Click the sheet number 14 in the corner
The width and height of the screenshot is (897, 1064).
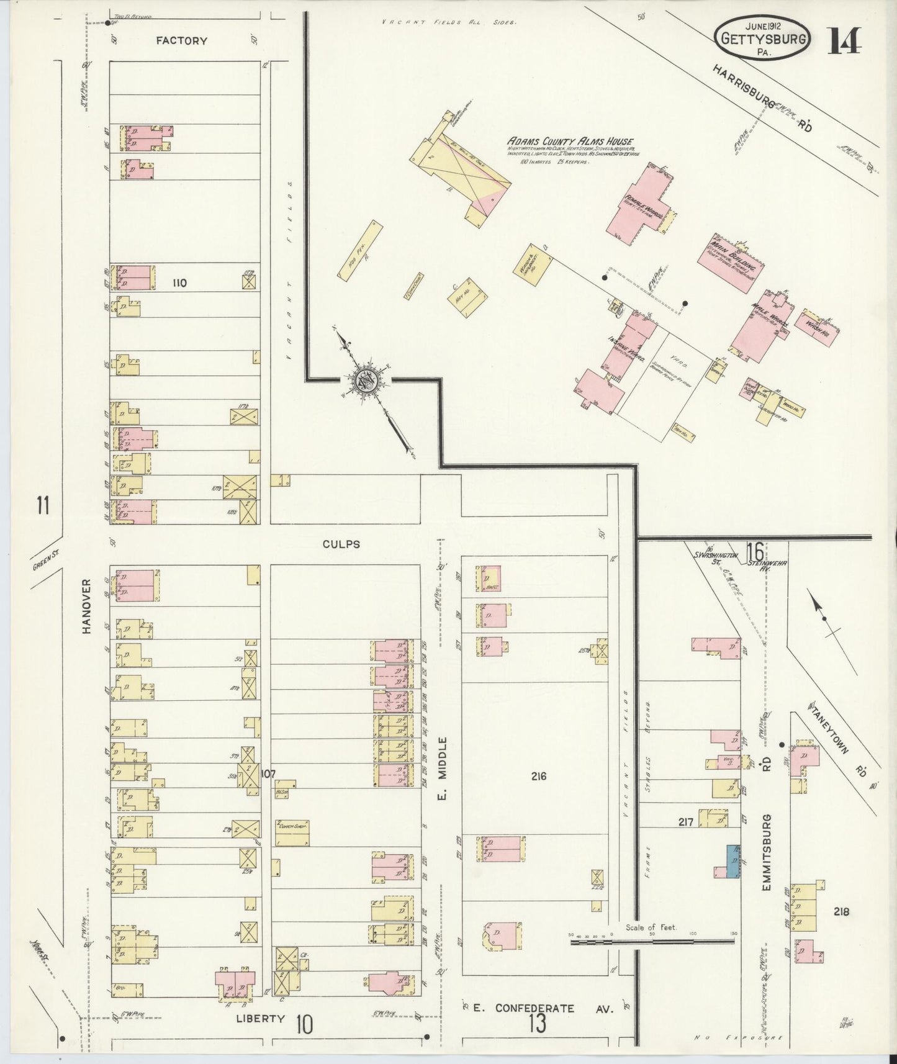point(844,42)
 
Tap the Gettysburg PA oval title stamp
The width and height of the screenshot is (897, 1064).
point(763,38)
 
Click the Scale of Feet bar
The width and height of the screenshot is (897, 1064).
point(652,942)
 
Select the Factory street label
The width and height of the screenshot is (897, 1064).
point(181,41)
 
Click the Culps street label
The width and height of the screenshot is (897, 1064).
point(341,544)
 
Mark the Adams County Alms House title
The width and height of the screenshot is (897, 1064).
point(569,142)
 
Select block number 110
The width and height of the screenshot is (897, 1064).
point(179,283)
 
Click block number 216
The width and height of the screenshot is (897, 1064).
point(538,775)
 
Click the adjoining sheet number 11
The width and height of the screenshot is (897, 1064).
point(42,505)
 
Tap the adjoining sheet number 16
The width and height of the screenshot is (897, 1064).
point(755,551)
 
